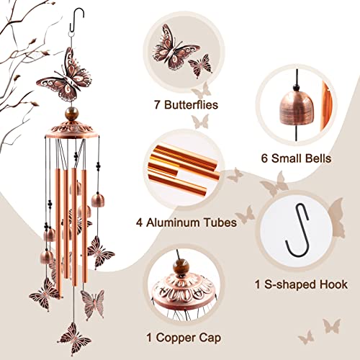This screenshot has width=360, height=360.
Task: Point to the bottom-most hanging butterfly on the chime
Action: click(75, 337)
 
